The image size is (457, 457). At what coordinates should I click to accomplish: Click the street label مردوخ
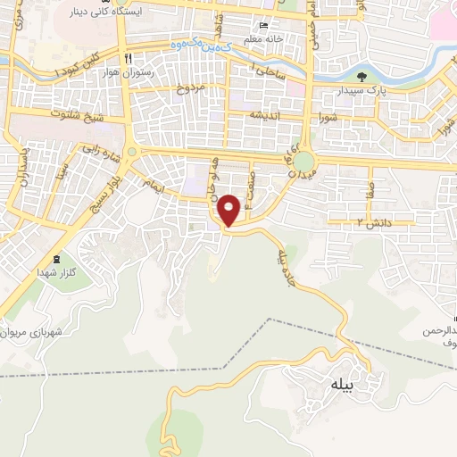(x=190, y=87)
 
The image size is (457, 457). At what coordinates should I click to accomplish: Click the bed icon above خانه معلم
(x=262, y=26)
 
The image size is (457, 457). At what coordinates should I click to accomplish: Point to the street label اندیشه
(x=265, y=116)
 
